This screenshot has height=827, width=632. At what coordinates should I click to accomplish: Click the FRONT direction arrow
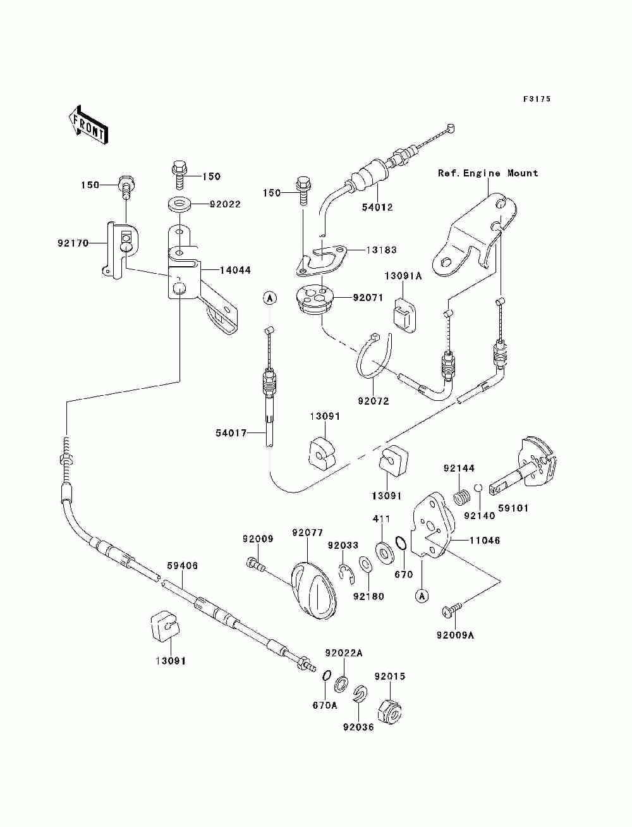[x=88, y=125]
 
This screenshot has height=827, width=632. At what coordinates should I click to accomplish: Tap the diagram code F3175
[x=537, y=99]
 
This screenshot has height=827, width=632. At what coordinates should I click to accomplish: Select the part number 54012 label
[x=377, y=207]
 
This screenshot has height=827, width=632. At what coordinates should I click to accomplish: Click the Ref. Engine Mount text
[x=488, y=173]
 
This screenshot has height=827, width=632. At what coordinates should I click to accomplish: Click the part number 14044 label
[x=235, y=270]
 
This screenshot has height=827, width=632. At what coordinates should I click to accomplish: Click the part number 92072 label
[x=374, y=401]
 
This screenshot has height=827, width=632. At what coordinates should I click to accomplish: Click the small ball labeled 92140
[x=478, y=487]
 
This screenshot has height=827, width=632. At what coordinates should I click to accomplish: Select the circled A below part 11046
[x=422, y=596]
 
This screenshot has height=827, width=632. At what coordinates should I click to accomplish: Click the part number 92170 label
[x=73, y=243]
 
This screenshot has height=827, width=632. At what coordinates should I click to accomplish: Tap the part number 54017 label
[x=231, y=433]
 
